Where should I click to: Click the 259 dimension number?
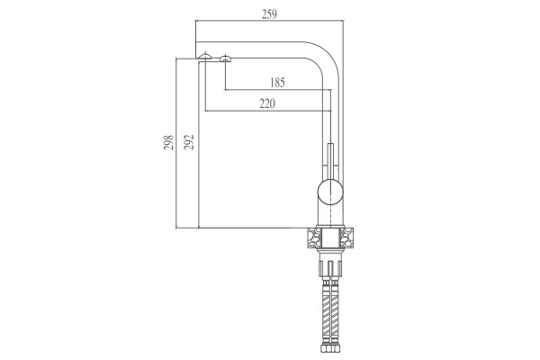pyautogui.click(x=269, y=14)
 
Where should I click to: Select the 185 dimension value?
pyautogui.click(x=277, y=83)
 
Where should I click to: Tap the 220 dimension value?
pyautogui.click(x=267, y=103)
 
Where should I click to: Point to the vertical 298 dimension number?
pyautogui.click(x=168, y=142)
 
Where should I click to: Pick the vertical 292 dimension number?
pyautogui.click(x=189, y=142)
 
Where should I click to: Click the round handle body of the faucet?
pyautogui.click(x=330, y=193)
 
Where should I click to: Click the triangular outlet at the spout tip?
pyautogui.click(x=205, y=57)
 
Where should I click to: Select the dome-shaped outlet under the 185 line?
pyautogui.click(x=225, y=58)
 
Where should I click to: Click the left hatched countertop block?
pyautogui.click(x=312, y=238)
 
